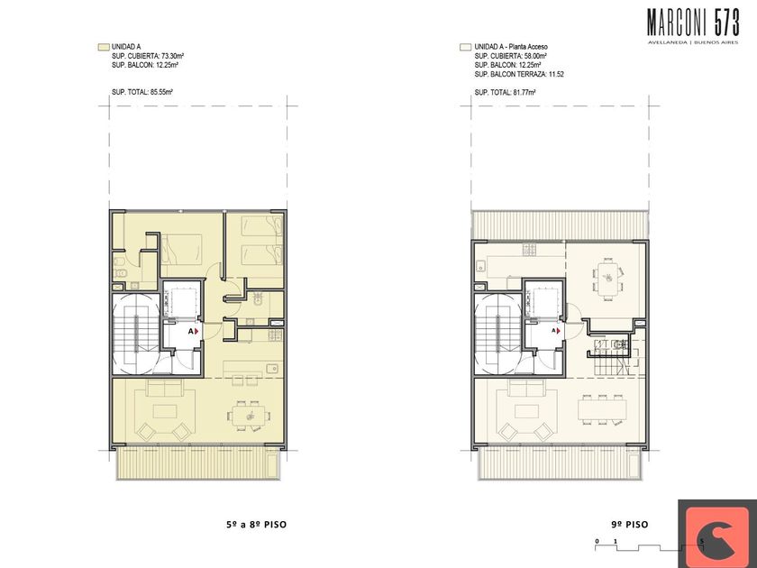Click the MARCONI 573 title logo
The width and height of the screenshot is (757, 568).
click(693, 23)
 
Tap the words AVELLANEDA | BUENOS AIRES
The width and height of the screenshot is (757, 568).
click(693, 42)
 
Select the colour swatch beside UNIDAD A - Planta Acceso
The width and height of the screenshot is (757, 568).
click(465, 47)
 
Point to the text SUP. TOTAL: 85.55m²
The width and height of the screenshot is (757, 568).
click(142, 92)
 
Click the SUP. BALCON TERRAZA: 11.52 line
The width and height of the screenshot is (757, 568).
click(519, 74)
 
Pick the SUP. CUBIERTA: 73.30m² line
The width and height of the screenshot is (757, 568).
click(148, 56)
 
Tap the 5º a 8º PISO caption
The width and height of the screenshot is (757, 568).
click(256, 525)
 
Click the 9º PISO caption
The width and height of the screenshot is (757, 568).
click(630, 525)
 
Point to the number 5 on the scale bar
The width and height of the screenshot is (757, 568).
click(701, 541)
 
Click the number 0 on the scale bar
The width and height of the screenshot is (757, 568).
click(597, 541)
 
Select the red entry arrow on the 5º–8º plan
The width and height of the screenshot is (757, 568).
click(196, 332)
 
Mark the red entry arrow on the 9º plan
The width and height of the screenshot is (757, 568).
click(559, 331)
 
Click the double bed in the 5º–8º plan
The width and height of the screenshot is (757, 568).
click(181, 250)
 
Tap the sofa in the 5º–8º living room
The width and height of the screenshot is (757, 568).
click(165, 388)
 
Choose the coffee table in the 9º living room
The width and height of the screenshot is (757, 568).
click(526, 411)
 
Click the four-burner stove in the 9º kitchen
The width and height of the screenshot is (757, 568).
click(529, 250)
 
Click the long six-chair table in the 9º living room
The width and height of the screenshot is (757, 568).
click(603, 409)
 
